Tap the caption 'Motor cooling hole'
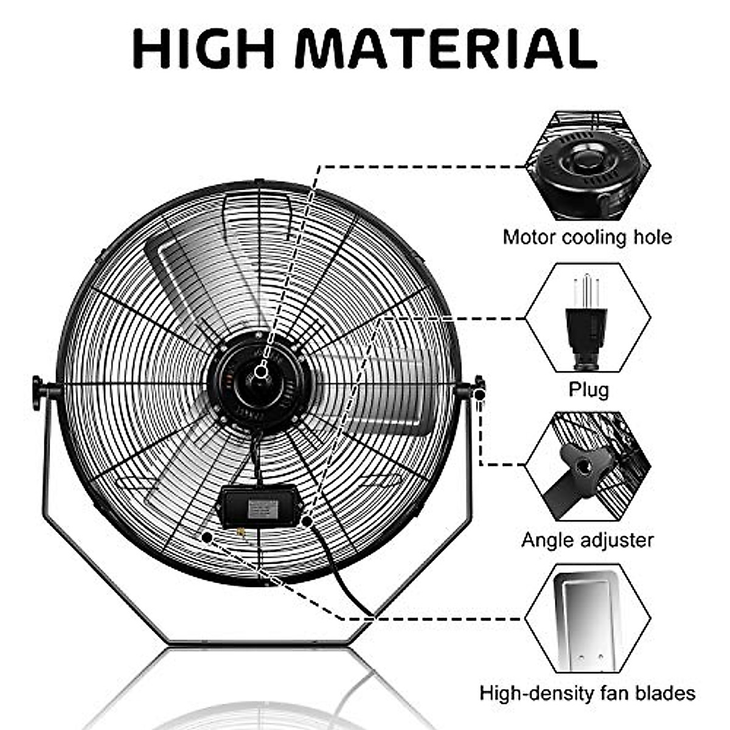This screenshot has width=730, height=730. coord(587,237)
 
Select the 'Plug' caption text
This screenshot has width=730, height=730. coord(588,389)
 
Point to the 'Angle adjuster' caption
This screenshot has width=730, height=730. coord(587,540)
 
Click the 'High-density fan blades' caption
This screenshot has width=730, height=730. coord(587,692)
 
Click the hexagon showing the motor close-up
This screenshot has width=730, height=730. coord(588,165)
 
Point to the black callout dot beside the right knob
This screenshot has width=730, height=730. coord(480,395)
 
